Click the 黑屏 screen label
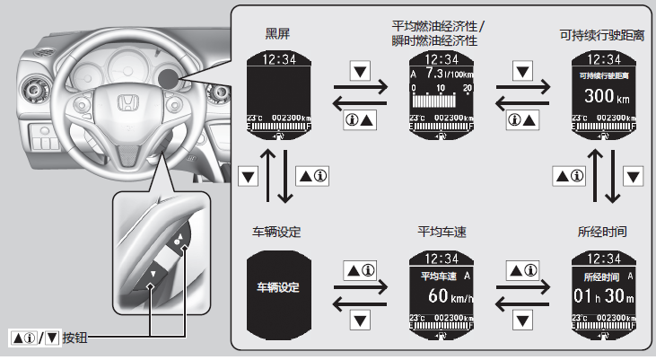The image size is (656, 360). pos(278,34)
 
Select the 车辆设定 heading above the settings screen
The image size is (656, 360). pos(277,232)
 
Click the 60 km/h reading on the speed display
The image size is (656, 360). pos(440,296)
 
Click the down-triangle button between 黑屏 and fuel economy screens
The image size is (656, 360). pos(360,69)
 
